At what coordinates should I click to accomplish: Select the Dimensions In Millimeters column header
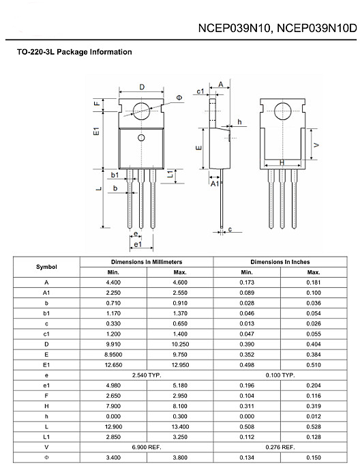147,261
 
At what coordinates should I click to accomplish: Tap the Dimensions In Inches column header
280,261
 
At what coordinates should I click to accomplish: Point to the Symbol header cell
46,267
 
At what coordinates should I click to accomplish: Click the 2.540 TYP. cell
147,375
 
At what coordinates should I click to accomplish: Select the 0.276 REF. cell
280,446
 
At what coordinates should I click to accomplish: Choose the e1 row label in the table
46,385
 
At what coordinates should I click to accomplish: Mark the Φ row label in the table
46,456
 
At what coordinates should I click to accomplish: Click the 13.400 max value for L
180,426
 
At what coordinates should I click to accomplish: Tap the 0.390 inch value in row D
246,345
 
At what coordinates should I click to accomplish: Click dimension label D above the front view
141,87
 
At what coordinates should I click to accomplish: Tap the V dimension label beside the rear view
316,145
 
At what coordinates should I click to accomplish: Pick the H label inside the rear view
282,163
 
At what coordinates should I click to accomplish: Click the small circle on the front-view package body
141,139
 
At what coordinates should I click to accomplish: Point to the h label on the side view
239,122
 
